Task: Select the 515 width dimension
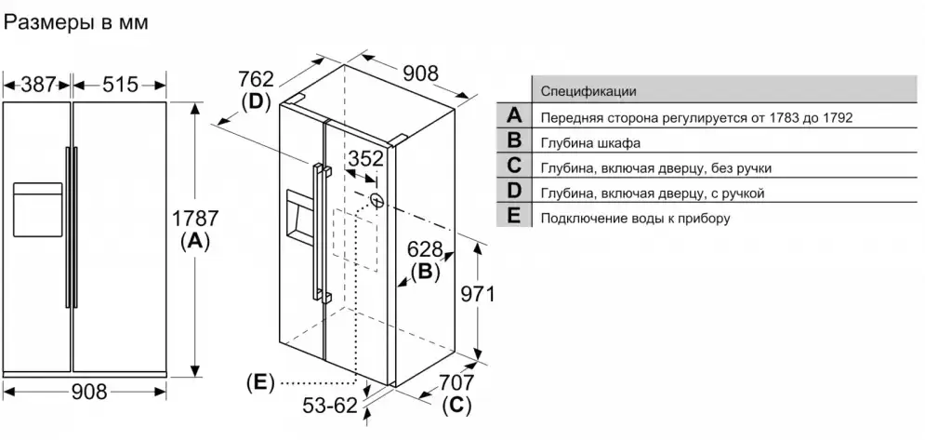coord(121,85)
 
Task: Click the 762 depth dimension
coord(257,78)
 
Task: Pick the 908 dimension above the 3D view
coord(419,73)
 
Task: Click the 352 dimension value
coord(364,158)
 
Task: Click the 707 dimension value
coord(456,382)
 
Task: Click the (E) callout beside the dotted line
coord(261,381)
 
